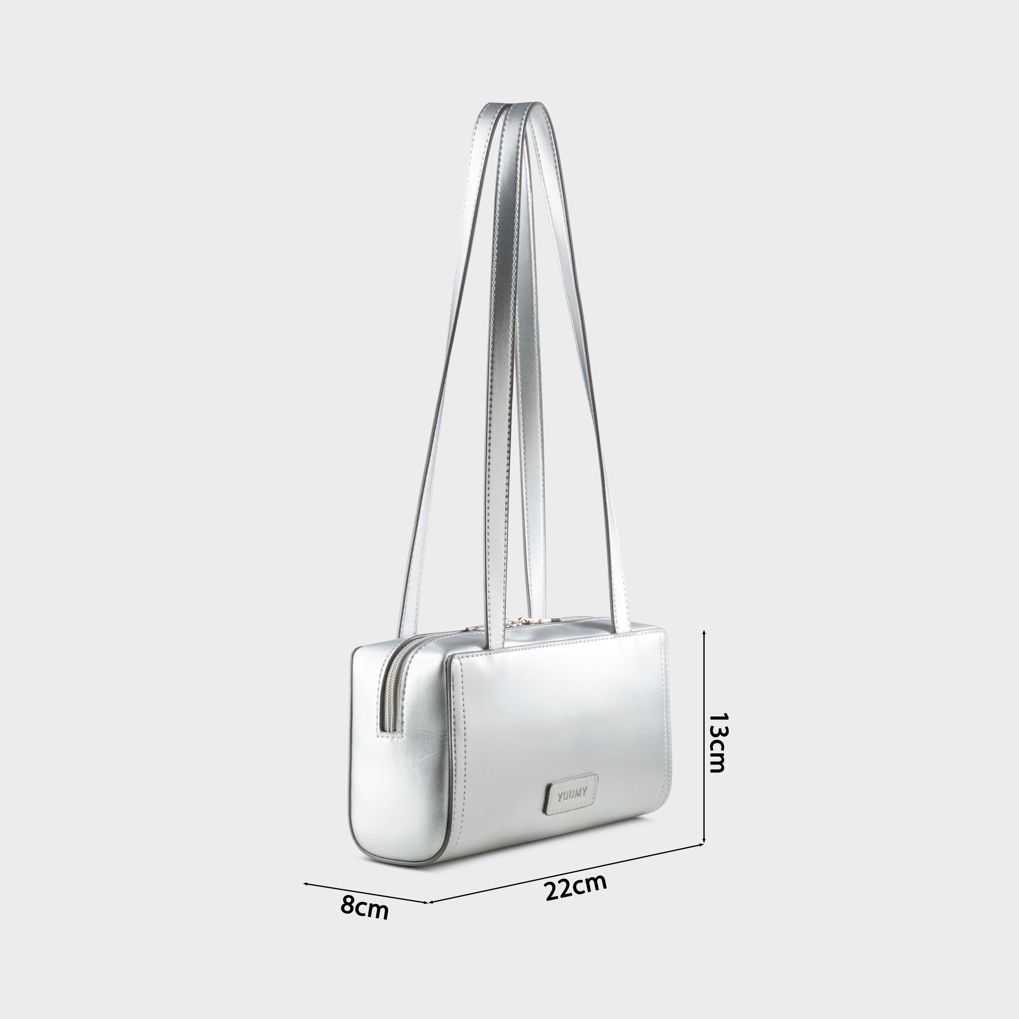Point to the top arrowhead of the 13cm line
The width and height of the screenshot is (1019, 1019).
(704, 632)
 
